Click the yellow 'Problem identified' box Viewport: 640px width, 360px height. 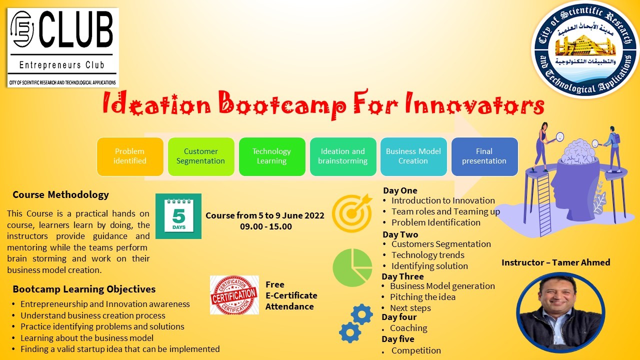[x=130, y=156]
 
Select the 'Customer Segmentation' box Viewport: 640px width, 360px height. [x=201, y=156]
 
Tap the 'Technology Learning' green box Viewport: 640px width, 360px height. [x=272, y=156]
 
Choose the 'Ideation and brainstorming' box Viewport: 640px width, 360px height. [x=343, y=156]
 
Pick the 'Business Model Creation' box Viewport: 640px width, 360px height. [x=413, y=156]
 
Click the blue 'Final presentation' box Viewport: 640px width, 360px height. [x=484, y=156]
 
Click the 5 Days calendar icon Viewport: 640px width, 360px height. [x=178, y=216]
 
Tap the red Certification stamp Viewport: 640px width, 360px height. [x=234, y=295]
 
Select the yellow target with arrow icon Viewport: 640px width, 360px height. [x=352, y=213]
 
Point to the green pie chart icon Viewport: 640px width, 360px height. [x=352, y=267]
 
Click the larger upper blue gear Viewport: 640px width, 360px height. [x=361, y=314]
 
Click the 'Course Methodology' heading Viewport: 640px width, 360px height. [x=60, y=195]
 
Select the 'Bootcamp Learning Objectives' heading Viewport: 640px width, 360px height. [x=84, y=289]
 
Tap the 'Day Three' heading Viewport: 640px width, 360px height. [x=402, y=276]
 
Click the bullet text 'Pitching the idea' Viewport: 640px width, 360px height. [x=422, y=297]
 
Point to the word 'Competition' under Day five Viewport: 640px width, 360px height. [x=416, y=350]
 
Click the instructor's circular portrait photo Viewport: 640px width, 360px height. [x=560, y=312]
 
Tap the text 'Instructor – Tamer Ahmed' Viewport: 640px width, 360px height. [x=555, y=262]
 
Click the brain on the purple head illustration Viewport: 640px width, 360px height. [x=579, y=151]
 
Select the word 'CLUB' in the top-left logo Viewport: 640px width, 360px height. [x=76, y=29]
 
